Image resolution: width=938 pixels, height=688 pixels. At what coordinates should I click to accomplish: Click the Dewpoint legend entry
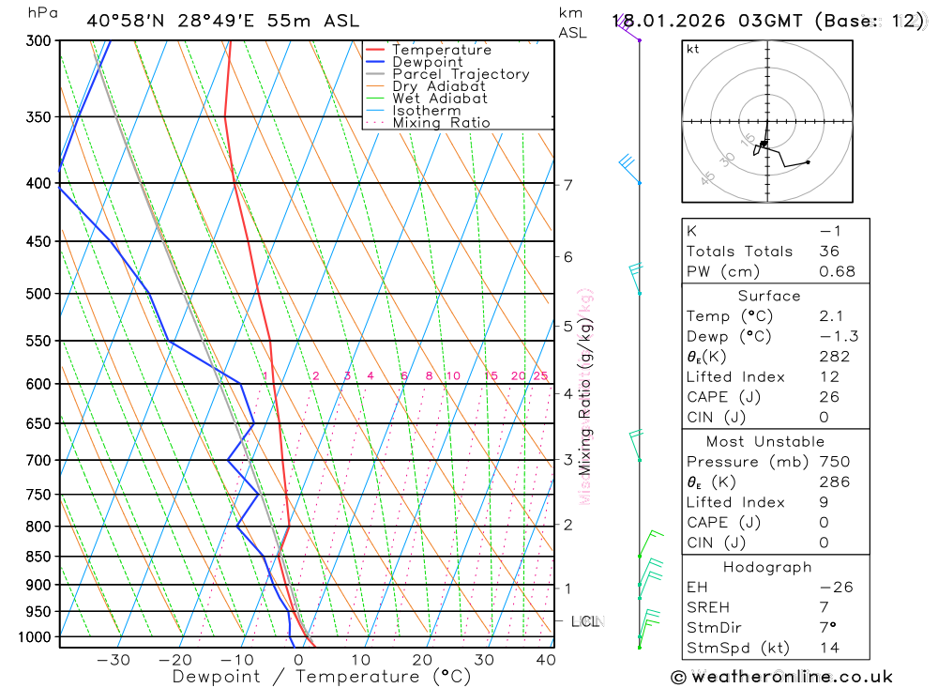(x=427, y=62)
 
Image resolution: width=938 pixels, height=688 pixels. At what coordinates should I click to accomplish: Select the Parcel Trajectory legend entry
(x=460, y=74)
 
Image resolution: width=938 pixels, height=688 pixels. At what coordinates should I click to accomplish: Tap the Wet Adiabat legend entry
(x=439, y=99)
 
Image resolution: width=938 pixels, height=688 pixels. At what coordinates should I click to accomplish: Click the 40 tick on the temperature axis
(x=545, y=660)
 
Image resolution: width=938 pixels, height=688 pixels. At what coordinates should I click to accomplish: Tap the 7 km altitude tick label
(x=568, y=184)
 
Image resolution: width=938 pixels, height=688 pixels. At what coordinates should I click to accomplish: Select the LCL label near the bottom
(x=585, y=621)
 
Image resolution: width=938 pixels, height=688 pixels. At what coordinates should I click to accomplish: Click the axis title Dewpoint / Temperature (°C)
(x=322, y=677)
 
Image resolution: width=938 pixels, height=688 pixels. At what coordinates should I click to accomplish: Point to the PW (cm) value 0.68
(x=837, y=271)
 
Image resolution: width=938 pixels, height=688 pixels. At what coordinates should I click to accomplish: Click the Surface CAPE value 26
(x=829, y=397)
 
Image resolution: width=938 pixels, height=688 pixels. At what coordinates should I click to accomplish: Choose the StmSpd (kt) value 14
(x=829, y=648)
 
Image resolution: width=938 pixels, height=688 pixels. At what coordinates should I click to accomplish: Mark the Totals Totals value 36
(x=829, y=252)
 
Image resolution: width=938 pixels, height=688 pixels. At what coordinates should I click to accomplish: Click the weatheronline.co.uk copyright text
(x=781, y=677)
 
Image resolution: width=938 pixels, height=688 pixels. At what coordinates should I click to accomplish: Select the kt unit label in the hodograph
(x=693, y=50)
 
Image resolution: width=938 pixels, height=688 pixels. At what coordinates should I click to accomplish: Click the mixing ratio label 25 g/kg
(x=540, y=376)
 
